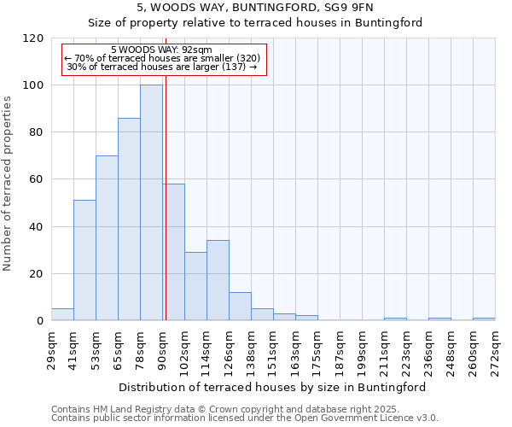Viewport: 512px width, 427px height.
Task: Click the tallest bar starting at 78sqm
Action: tap(151, 203)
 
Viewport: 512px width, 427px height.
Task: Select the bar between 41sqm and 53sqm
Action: tap(84, 260)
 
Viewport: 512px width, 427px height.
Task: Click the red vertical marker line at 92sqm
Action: tap(166, 213)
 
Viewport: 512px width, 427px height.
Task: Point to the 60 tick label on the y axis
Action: tap(36, 179)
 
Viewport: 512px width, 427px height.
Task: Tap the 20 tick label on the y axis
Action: tap(36, 274)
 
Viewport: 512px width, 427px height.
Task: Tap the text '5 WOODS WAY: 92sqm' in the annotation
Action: tap(161, 50)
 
